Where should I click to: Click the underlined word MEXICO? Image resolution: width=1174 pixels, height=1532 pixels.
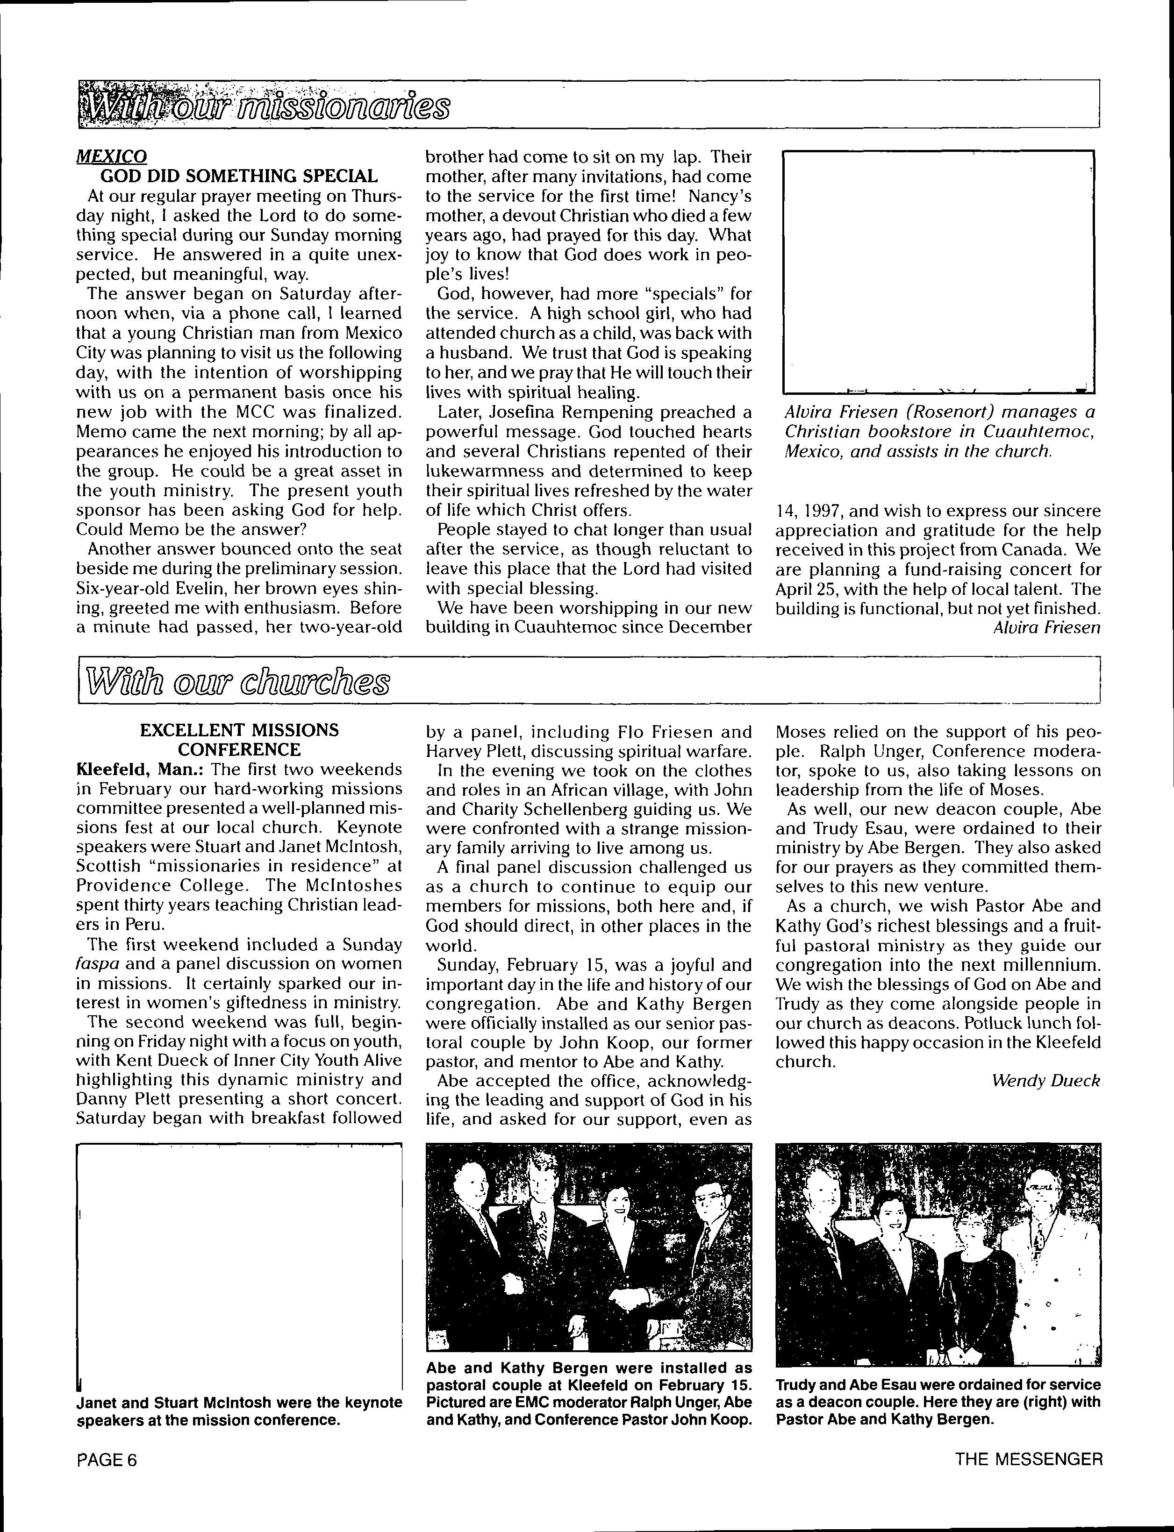point(111,157)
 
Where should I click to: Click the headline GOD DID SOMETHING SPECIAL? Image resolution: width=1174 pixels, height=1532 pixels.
point(240,176)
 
